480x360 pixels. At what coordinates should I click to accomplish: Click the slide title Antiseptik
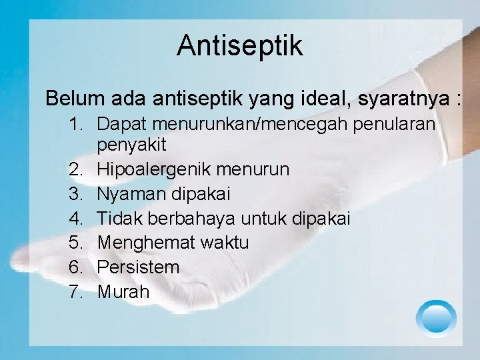pyautogui.click(x=240, y=45)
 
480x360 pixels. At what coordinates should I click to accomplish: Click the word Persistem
pyautogui.click(x=138, y=267)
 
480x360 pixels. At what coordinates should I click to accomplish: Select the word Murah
pyautogui.click(x=123, y=291)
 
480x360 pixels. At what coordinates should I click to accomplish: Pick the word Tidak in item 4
pyautogui.click(x=117, y=219)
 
